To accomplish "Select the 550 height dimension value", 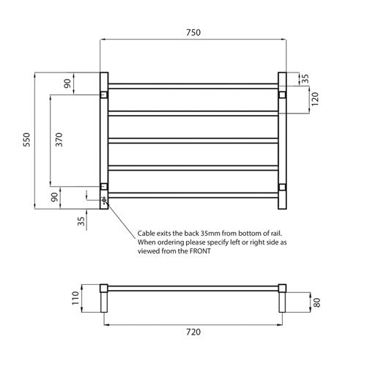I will [x=27, y=138].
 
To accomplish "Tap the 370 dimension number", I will [x=60, y=139].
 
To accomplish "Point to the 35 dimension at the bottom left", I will [x=81, y=218].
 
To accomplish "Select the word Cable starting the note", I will [x=148, y=232].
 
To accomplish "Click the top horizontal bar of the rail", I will [x=193, y=85].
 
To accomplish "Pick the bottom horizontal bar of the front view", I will [x=193, y=193].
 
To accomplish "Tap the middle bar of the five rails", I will [x=193, y=139].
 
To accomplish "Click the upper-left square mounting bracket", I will [x=104, y=94].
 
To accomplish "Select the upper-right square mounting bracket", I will [x=281, y=94].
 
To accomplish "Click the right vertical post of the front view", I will [x=282, y=139].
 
